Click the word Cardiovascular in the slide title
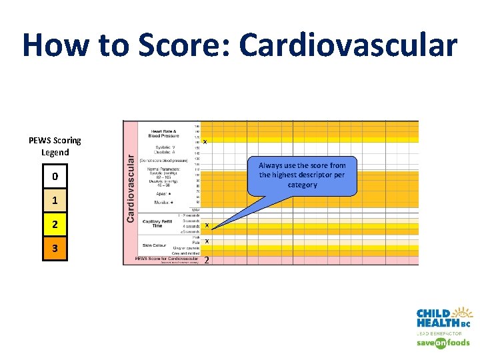[x=348, y=45]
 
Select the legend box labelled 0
[x=55, y=177]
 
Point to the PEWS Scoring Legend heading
[x=55, y=146]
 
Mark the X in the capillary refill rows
[x=207, y=225]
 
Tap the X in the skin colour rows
[x=207, y=241]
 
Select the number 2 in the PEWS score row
[x=207, y=260]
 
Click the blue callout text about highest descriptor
[x=302, y=175]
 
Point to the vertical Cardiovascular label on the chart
[x=131, y=185]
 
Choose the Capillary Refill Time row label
[x=157, y=223]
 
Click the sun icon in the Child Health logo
[x=462, y=313]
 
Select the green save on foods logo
[x=443, y=343]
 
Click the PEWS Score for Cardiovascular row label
[x=165, y=259]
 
